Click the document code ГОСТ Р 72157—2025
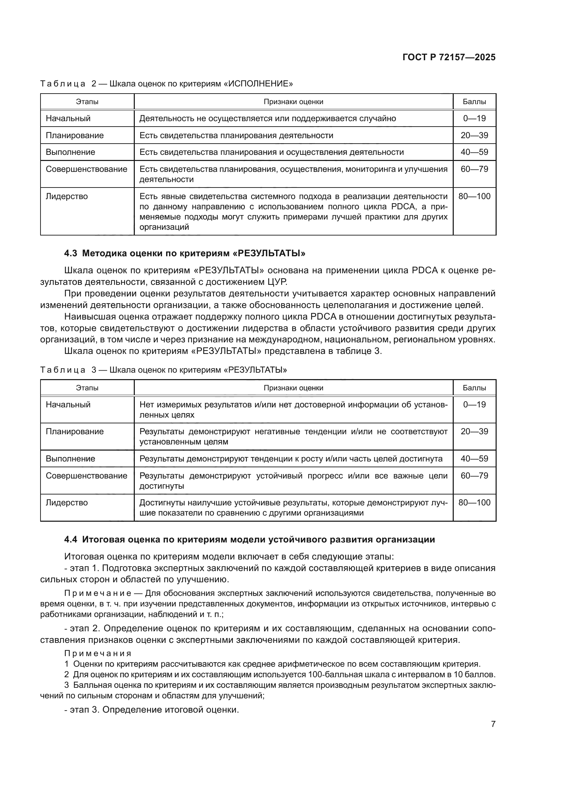[449, 57]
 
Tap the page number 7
[493, 724]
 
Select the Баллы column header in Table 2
[474, 101]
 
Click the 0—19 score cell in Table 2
[474, 118]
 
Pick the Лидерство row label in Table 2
[67, 196]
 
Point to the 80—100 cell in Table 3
[474, 502]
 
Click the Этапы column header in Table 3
[87, 388]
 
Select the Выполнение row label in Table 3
[70, 459]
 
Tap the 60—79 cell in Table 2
[474, 169]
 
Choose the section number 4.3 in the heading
[71, 253]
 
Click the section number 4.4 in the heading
[71, 539]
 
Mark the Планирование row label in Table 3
[75, 432]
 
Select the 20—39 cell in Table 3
[474, 432]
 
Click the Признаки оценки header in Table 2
[293, 101]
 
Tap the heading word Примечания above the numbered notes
[98, 653]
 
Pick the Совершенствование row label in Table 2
[86, 169]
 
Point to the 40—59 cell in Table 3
[474, 459]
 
